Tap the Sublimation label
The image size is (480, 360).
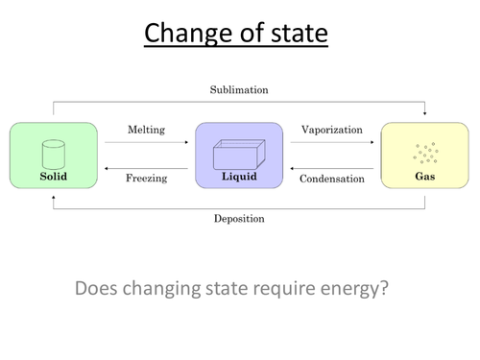239,90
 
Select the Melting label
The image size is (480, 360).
146,129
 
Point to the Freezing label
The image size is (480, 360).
146,178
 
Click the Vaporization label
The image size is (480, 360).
332,129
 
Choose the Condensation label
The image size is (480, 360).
332,178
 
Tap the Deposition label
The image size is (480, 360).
239,218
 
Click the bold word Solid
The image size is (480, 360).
53,177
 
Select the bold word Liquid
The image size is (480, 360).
239,177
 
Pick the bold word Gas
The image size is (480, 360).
424,177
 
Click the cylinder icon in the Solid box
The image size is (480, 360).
53,153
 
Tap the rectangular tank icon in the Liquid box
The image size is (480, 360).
239,154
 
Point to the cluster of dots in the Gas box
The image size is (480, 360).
424,153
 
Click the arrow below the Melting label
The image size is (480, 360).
146,142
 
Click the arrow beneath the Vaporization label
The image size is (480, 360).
332,142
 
